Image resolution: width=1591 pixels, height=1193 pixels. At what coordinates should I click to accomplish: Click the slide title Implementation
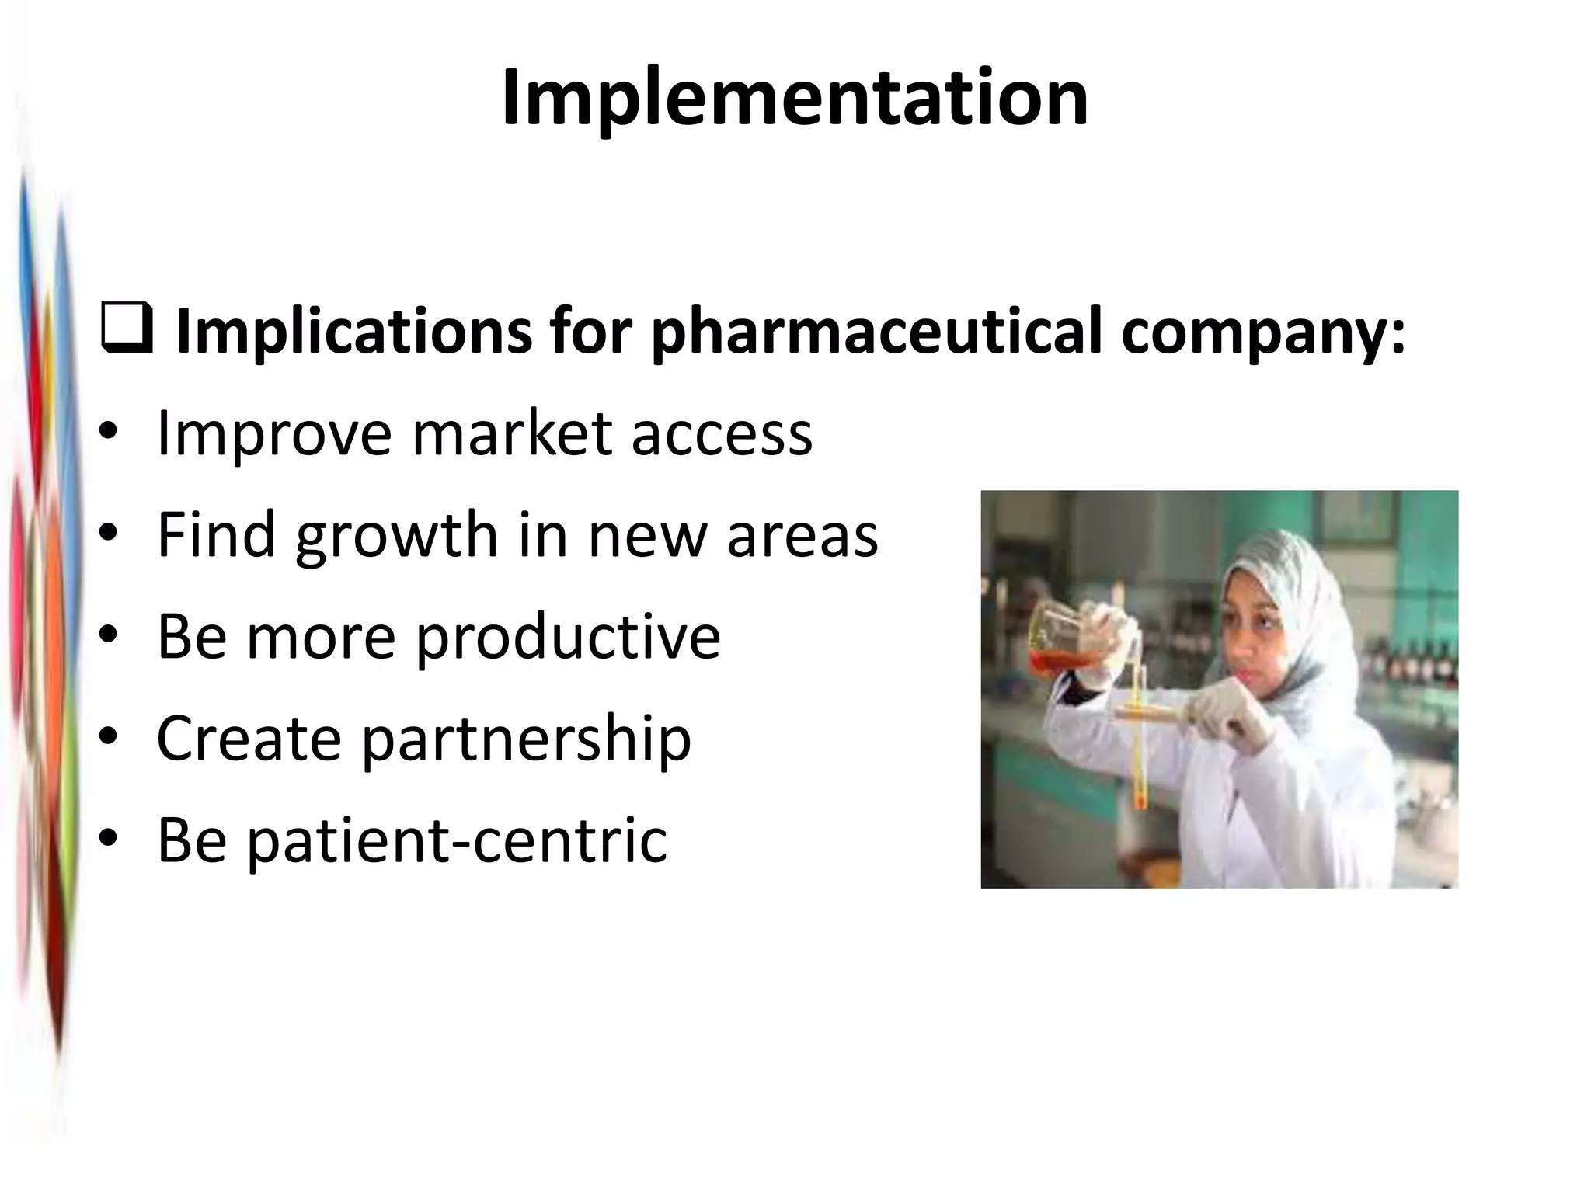[x=795, y=99]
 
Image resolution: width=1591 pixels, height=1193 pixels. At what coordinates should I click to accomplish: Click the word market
[x=514, y=433]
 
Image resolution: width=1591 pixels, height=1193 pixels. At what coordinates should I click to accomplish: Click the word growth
[x=397, y=536]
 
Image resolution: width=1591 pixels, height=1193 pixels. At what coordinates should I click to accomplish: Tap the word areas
[x=802, y=536]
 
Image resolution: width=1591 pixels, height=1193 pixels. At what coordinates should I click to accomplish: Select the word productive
[x=568, y=637]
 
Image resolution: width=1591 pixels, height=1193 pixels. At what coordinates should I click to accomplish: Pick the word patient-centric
[x=456, y=840]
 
